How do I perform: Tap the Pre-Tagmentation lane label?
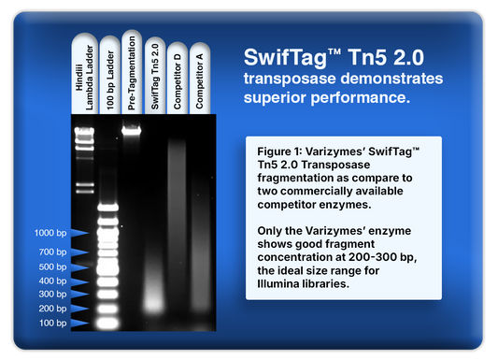(x=132, y=70)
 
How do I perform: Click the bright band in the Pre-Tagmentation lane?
(x=132, y=132)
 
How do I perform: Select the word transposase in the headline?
(x=285, y=77)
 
